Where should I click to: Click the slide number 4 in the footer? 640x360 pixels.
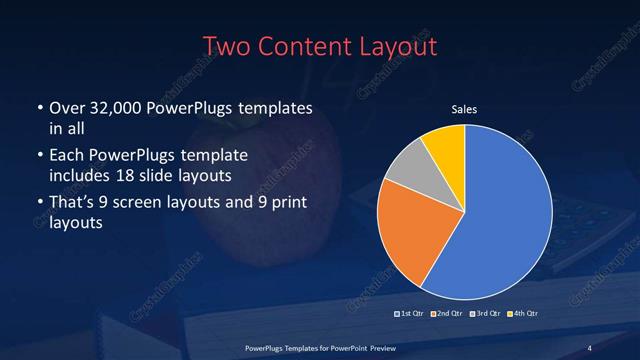[x=590, y=347]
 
